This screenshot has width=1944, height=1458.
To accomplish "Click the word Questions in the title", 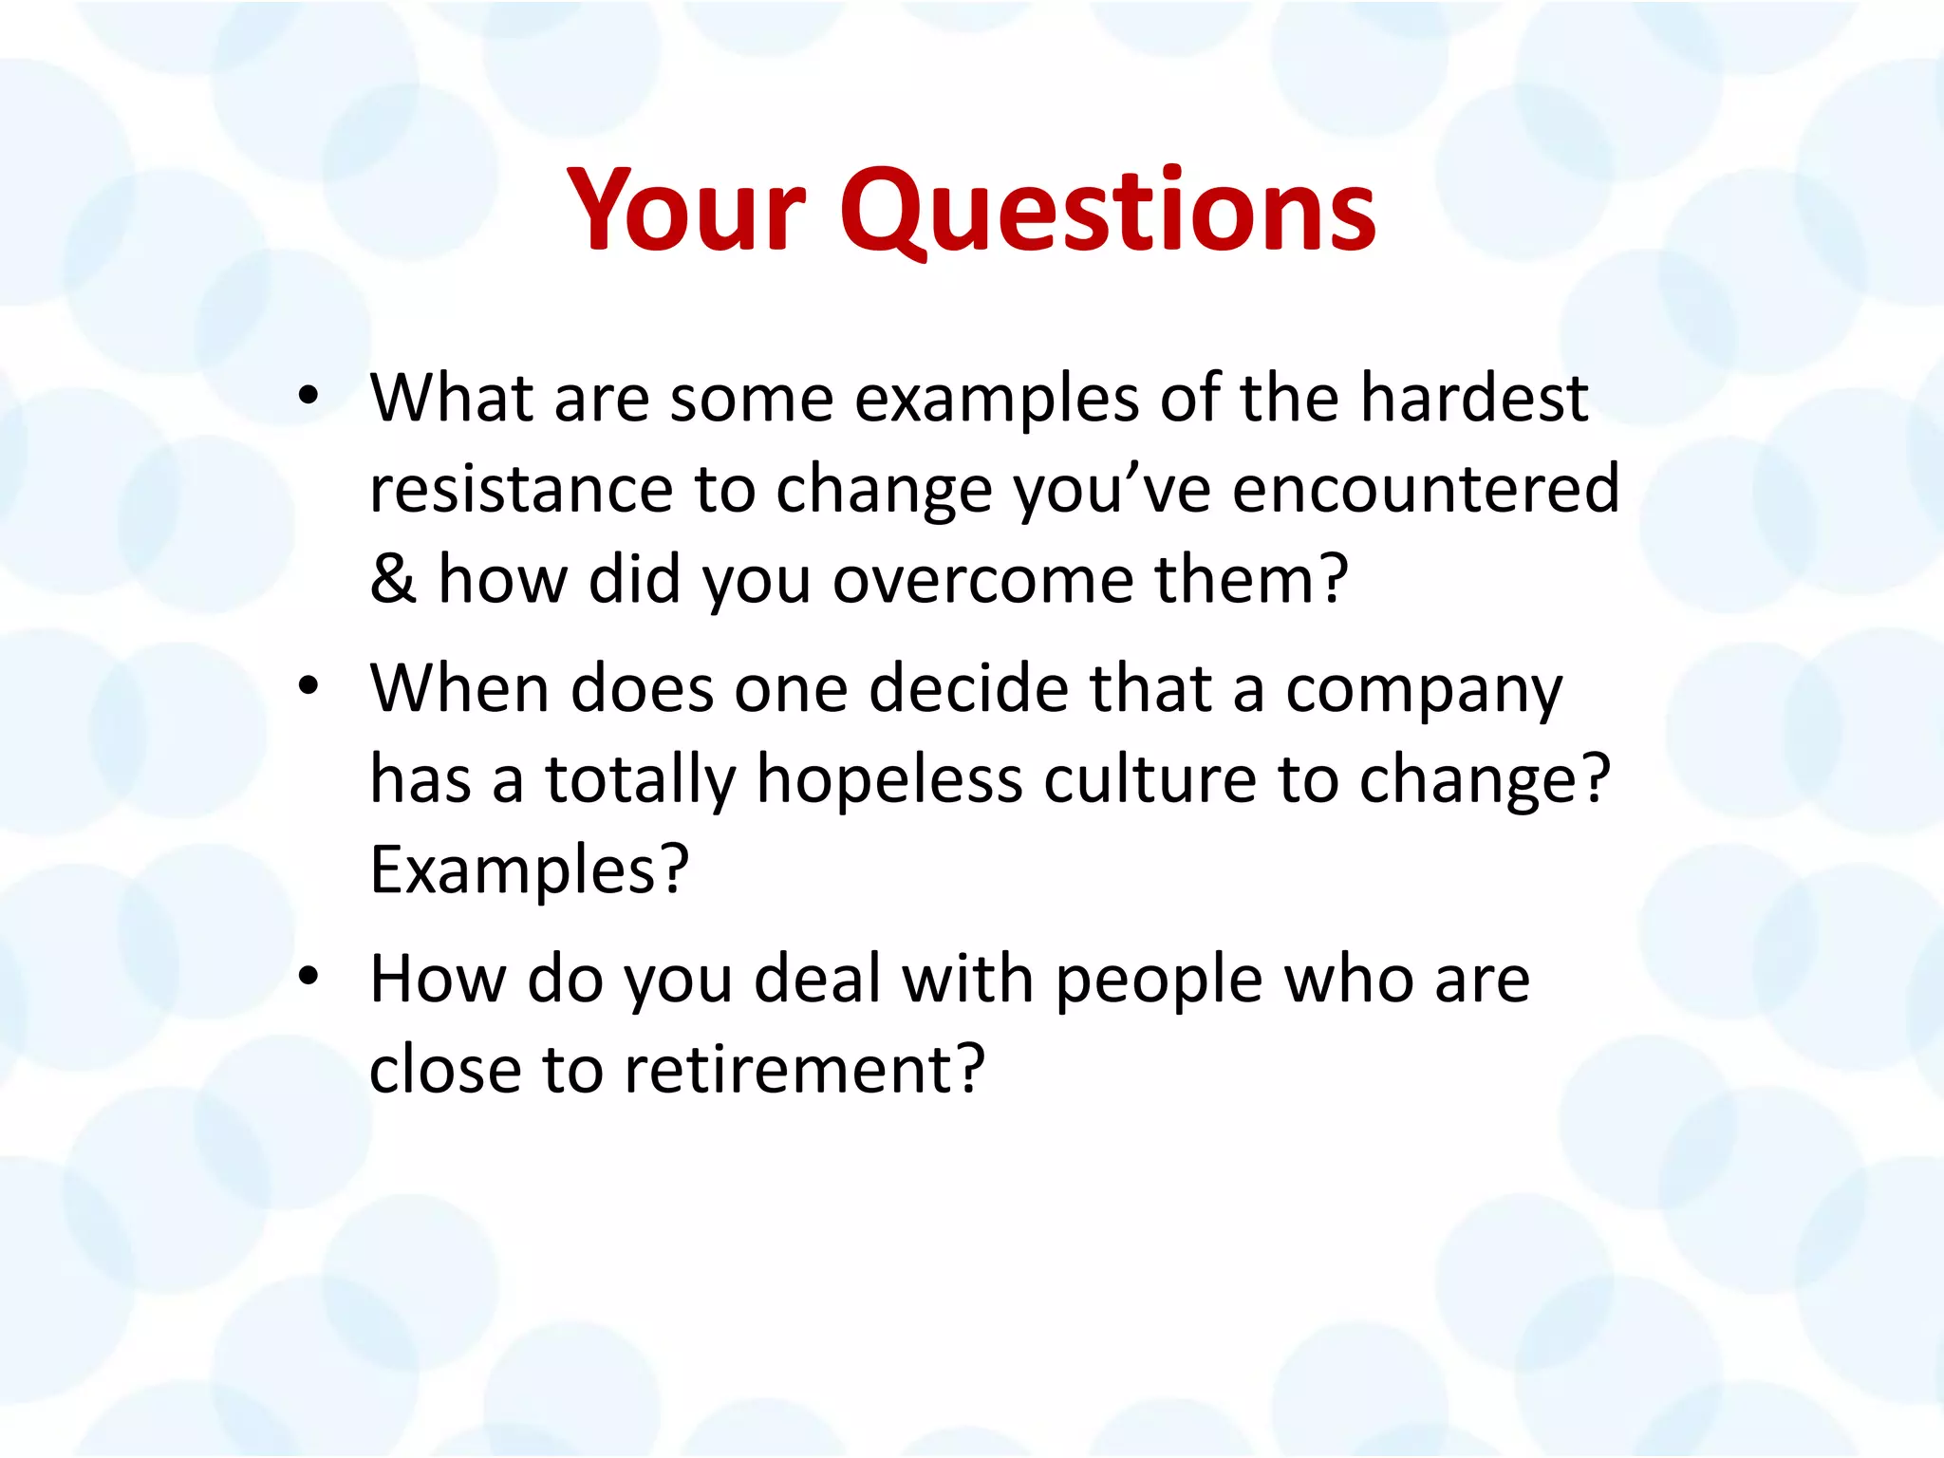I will pyautogui.click(x=1107, y=211).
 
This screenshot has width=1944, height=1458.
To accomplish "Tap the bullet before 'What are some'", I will pyautogui.click(x=308, y=397).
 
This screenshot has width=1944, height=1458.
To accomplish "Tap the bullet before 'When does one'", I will pyautogui.click(x=308, y=686).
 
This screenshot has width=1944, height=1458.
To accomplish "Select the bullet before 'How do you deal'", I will pyautogui.click(x=308, y=977).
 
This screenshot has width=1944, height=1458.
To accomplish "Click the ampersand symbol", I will pyautogui.click(x=393, y=579).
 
